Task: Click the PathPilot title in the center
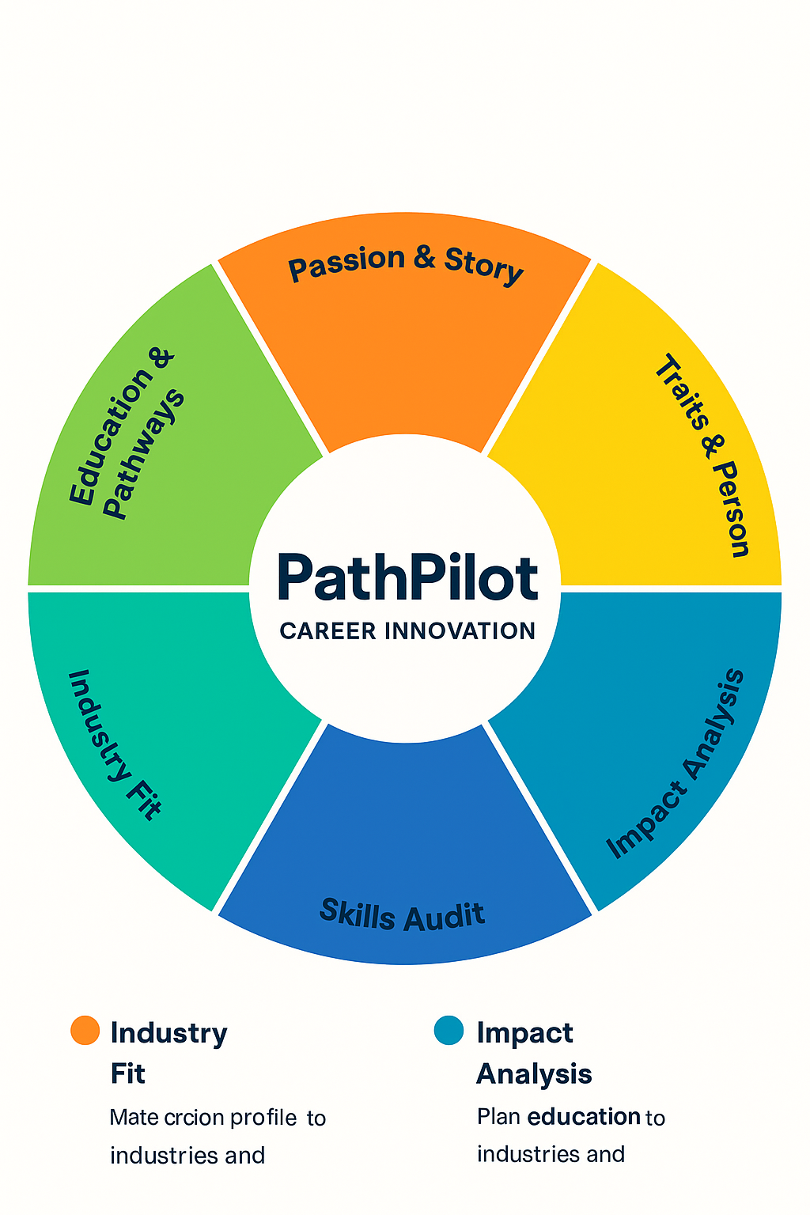407,577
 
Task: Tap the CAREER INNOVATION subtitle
407,631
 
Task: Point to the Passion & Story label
405,264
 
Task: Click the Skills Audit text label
402,916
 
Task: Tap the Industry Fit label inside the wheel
115,744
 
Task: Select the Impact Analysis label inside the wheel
676,763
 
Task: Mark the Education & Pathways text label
127,435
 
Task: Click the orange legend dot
85,1031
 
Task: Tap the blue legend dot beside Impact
449,1031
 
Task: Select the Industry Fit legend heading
168,1052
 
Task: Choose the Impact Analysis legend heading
534,1052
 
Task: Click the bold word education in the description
584,1117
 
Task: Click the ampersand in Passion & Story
425,258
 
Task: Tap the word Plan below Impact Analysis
498,1117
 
